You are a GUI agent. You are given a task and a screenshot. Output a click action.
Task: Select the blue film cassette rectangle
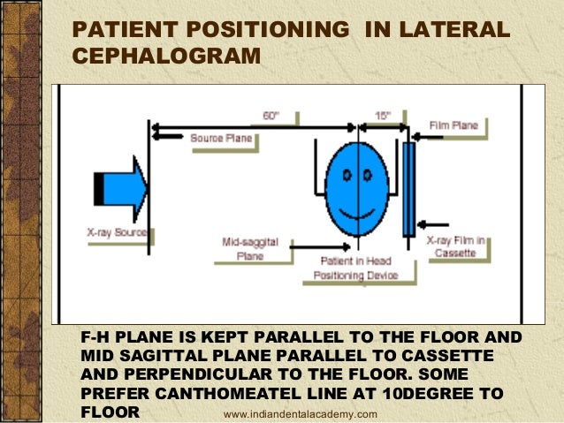(408, 188)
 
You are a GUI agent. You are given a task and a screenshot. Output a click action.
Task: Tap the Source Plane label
(221, 138)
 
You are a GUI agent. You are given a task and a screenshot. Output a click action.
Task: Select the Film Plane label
(454, 125)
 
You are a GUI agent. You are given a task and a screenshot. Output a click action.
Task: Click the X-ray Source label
(117, 233)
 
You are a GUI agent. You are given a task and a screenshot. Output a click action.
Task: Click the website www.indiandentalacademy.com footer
(301, 414)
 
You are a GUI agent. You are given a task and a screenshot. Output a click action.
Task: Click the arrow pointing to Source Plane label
(173, 138)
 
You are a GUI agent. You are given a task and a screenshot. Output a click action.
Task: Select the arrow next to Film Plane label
(419, 127)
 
